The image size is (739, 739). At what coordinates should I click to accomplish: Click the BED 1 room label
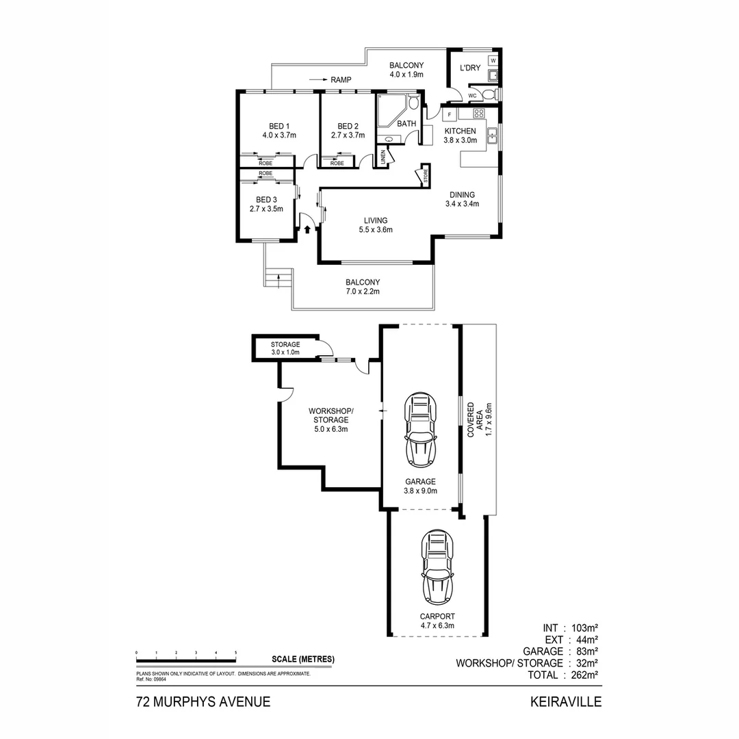(278, 126)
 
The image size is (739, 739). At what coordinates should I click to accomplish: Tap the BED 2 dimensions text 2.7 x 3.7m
(348, 135)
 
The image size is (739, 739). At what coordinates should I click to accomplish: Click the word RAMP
(341, 80)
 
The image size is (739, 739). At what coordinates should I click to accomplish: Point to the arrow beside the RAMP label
(317, 80)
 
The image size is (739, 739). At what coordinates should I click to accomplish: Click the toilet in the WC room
(487, 95)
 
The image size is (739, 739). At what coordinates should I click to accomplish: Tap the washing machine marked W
(493, 61)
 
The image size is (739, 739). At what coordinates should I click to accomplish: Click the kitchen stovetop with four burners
(479, 113)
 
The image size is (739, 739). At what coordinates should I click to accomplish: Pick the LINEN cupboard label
(383, 157)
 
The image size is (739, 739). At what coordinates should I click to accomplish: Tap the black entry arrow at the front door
(307, 230)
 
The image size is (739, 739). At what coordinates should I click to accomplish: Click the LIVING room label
(376, 220)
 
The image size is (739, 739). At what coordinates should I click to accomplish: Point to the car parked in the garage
(420, 429)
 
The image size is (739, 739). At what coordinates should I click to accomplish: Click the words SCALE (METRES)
(302, 659)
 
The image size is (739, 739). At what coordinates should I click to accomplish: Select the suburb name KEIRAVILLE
(565, 701)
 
